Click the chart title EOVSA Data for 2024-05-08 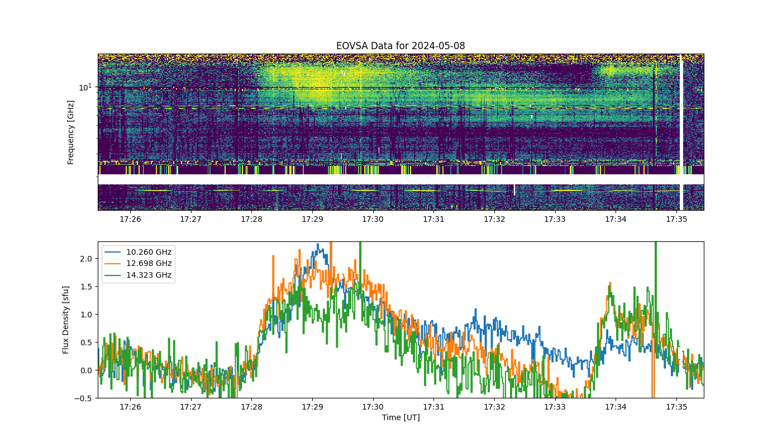click(x=400, y=46)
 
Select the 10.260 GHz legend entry click(x=139, y=252)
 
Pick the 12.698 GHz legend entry click(x=139, y=263)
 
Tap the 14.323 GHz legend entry click(x=139, y=275)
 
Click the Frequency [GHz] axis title click(x=70, y=132)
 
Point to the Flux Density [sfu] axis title click(x=65, y=320)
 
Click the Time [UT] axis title click(x=401, y=417)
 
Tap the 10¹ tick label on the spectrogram click(x=85, y=87)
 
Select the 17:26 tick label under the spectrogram click(x=130, y=219)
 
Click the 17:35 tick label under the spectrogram click(x=676, y=219)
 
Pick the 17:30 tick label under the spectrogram click(x=373, y=219)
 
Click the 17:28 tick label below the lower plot click(x=251, y=407)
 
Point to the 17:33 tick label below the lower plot click(x=555, y=407)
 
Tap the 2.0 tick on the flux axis click(x=86, y=259)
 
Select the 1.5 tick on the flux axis click(x=86, y=287)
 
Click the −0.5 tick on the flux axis click(x=83, y=398)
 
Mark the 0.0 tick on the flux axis click(x=86, y=370)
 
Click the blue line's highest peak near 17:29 click(x=318, y=244)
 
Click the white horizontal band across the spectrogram click(x=401, y=179)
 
